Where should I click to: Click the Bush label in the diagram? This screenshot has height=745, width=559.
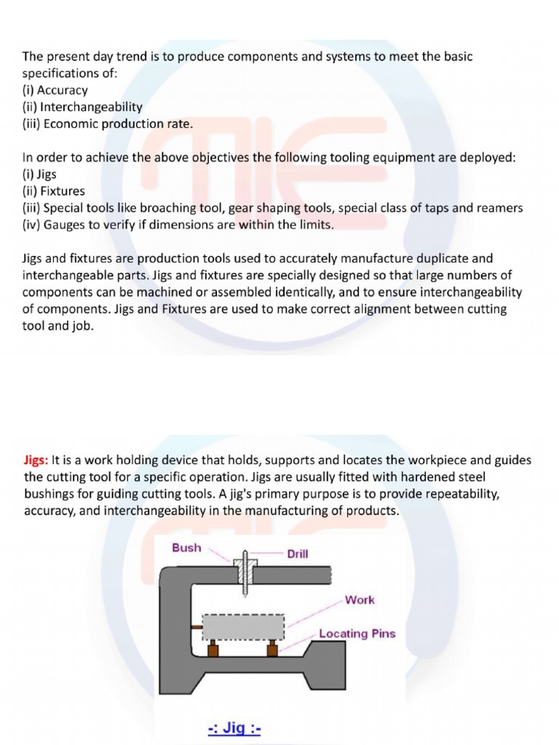click(186, 547)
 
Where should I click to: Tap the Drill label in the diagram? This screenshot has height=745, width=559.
click(297, 554)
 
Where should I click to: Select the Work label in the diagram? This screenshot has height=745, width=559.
click(360, 600)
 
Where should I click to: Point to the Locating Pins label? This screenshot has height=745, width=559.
click(357, 634)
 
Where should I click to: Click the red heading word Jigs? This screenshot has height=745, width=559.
click(36, 461)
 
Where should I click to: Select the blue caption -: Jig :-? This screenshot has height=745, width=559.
click(234, 728)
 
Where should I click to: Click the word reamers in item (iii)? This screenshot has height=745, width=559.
click(499, 208)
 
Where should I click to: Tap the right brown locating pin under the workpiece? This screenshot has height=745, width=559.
click(272, 648)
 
